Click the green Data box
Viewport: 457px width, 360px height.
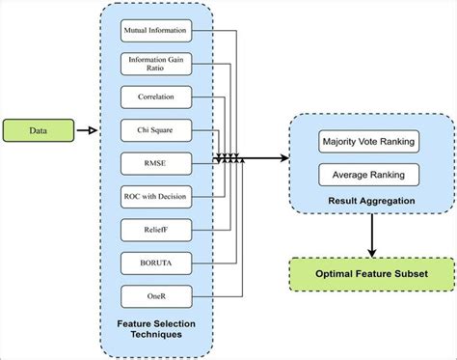(36, 129)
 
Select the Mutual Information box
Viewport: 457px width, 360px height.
(154, 31)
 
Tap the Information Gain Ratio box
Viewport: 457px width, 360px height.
(154, 65)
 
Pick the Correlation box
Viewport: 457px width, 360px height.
(154, 97)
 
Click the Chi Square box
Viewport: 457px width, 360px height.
(154, 129)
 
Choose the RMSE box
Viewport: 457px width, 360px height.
(154, 162)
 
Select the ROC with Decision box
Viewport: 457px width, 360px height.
(154, 196)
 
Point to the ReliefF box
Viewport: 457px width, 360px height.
(154, 229)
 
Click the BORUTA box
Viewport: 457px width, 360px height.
(154, 261)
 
